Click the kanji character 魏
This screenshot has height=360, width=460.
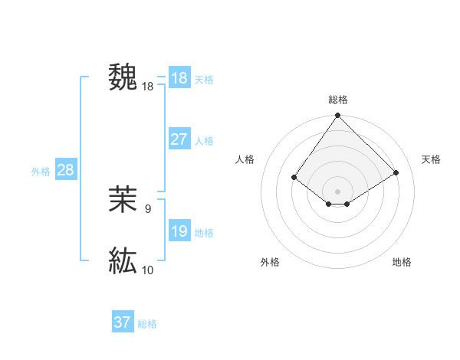123,77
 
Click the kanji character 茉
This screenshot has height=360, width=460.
123,200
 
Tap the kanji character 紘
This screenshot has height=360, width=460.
123,260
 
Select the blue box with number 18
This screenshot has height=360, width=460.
179,78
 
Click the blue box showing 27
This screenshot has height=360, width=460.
179,139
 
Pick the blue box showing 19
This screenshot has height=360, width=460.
179,231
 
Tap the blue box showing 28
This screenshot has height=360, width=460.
65,170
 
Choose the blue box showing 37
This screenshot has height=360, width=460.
123,322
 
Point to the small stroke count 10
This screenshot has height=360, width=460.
148,270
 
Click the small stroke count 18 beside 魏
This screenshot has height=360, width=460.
148,87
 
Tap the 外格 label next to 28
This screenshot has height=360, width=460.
41,172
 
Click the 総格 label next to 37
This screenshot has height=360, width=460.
147,324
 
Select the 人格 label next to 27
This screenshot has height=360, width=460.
204,141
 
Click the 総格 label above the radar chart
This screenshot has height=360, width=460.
338,100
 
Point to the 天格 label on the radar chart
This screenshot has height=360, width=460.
431,159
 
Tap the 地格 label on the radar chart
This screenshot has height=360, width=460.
402,262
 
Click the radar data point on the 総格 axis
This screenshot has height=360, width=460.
338,116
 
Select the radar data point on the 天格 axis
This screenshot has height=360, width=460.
396,172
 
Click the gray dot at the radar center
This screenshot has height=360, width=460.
338,191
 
